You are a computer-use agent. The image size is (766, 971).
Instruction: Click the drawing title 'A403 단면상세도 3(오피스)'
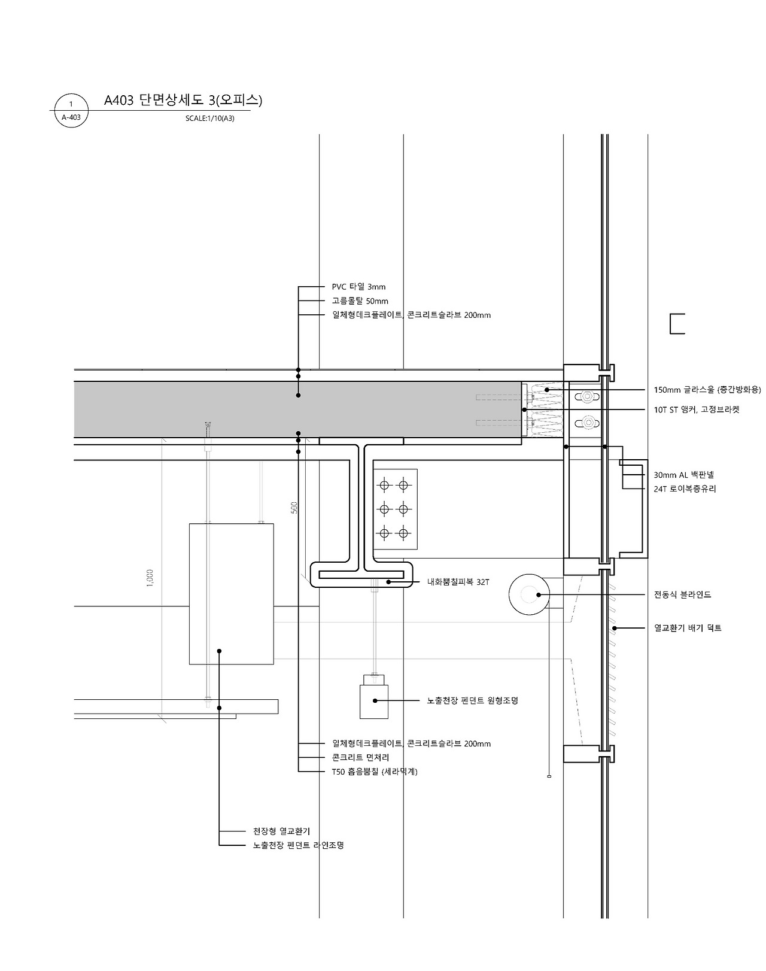pyautogui.click(x=183, y=100)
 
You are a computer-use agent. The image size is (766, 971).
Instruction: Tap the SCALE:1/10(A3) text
pyautogui.click(x=210, y=119)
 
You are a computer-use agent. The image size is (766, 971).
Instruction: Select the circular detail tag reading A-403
pyautogui.click(x=71, y=111)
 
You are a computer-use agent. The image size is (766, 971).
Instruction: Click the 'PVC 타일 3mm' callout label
pyautogui.click(x=358, y=287)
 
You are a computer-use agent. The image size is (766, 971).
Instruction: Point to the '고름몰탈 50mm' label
pyautogui.click(x=360, y=301)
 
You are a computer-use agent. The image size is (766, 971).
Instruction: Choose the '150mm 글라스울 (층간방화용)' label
pyautogui.click(x=707, y=390)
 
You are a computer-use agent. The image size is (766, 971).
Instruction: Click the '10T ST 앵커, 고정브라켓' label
pyautogui.click(x=697, y=409)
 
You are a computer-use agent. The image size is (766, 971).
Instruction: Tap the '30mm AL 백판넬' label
pyautogui.click(x=684, y=475)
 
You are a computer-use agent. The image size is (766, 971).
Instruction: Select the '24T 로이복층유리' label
pyautogui.click(x=685, y=488)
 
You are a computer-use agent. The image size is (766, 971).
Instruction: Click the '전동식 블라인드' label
pyautogui.click(x=683, y=594)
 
